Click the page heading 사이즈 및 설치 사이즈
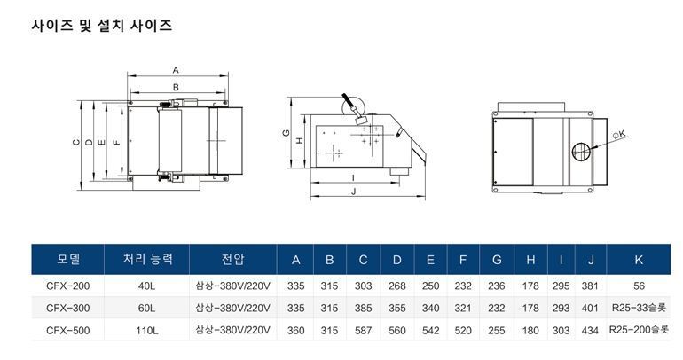click(x=101, y=26)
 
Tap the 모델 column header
click(x=68, y=260)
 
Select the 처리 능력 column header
click(x=147, y=260)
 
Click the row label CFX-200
click(x=68, y=286)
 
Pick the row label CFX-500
click(x=68, y=331)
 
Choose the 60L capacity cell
click(x=146, y=309)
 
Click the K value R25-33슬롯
click(x=639, y=308)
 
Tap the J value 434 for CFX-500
click(x=590, y=331)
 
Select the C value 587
click(x=363, y=331)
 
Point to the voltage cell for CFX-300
click(x=232, y=309)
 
